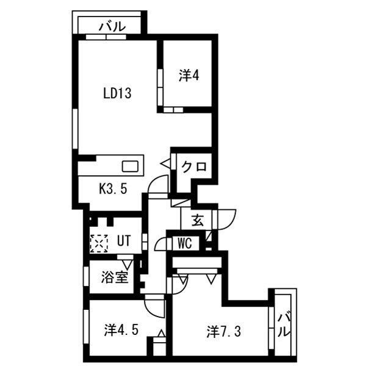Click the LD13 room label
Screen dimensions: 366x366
click(x=117, y=93)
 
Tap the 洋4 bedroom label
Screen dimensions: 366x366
click(x=189, y=76)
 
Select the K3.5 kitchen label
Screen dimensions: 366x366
click(x=113, y=188)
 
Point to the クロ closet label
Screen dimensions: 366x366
click(x=194, y=167)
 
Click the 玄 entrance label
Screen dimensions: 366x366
click(x=198, y=221)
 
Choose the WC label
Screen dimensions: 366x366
click(x=185, y=243)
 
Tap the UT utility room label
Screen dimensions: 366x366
click(x=124, y=241)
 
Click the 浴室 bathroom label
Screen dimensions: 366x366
click(x=115, y=278)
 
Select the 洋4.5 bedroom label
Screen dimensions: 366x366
click(x=121, y=330)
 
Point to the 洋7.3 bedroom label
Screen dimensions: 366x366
click(x=223, y=331)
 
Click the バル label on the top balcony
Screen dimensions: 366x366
click(x=112, y=26)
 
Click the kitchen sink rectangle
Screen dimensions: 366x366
click(x=131, y=167)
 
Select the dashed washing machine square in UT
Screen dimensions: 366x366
click(x=99, y=243)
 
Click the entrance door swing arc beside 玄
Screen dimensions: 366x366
click(x=230, y=223)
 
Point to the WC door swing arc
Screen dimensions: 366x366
click(x=159, y=243)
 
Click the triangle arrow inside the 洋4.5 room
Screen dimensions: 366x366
click(x=161, y=334)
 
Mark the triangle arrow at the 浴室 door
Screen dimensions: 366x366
click(x=127, y=265)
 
